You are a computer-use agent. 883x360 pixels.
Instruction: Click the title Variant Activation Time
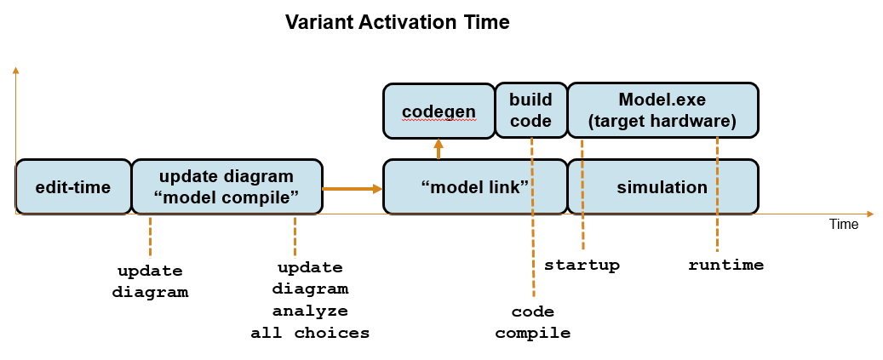(397, 23)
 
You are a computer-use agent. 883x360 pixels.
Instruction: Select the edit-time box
(73, 186)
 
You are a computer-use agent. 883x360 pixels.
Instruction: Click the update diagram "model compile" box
(226, 186)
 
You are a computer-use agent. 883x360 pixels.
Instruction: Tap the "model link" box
(475, 186)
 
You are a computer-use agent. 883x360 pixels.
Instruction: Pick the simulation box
(662, 186)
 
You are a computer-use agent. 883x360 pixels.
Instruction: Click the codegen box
(439, 111)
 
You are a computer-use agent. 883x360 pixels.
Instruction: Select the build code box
(530, 111)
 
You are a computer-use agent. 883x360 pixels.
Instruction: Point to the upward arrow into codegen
(439, 149)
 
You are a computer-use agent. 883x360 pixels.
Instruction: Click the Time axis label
(844, 225)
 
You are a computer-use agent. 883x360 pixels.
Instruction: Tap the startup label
(582, 265)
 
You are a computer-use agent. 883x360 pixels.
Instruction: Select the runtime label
(725, 265)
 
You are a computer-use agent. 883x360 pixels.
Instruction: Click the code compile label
(533, 323)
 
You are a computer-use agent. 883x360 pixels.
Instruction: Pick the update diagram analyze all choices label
(310, 300)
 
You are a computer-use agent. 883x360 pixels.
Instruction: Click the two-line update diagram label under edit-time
(150, 282)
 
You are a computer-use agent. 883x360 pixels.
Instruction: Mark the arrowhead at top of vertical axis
(15, 69)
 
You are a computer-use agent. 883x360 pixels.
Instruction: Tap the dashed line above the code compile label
(533, 255)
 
